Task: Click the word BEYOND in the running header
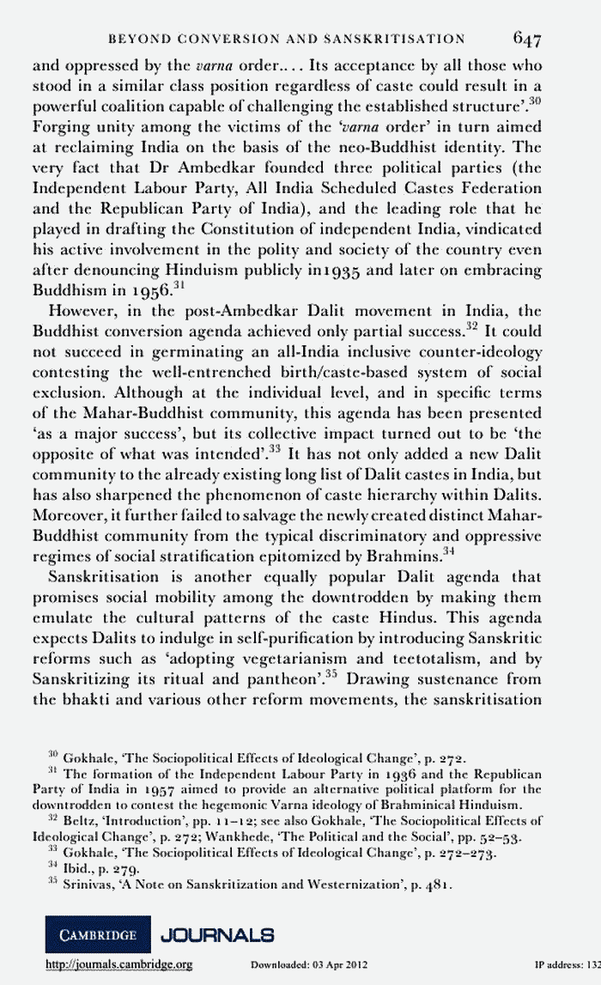point(131,39)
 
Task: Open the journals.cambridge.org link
point(118,965)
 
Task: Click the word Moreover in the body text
point(68,517)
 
